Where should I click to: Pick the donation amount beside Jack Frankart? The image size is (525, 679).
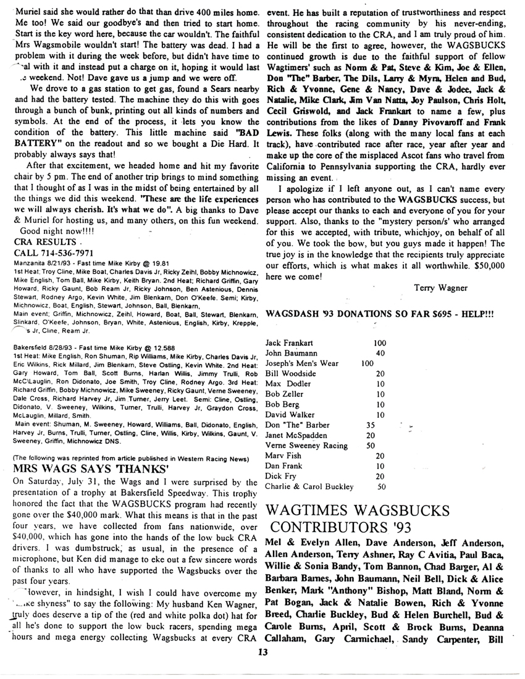380,343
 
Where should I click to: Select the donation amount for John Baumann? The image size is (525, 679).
380,353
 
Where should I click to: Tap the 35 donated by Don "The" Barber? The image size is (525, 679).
371,425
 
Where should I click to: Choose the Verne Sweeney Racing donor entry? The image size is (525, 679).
305,445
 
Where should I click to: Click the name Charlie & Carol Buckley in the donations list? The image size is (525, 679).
309,486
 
